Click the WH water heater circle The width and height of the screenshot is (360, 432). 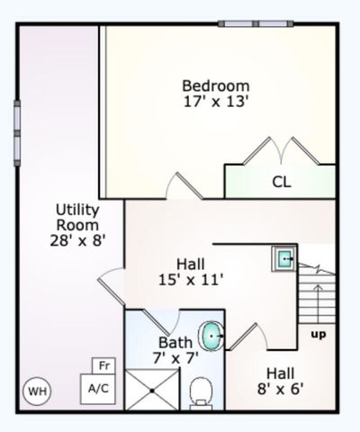pos(36,391)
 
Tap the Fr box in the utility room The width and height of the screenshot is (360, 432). pos(104,366)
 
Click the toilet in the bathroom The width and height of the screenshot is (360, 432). pos(202,391)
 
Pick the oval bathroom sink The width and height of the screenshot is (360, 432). pos(212,336)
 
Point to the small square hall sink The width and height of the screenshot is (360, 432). pos(285,259)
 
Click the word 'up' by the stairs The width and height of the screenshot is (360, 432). pos(318,335)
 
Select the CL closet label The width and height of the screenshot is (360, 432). pos(282,181)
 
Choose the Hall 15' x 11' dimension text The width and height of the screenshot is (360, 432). pos(189,271)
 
